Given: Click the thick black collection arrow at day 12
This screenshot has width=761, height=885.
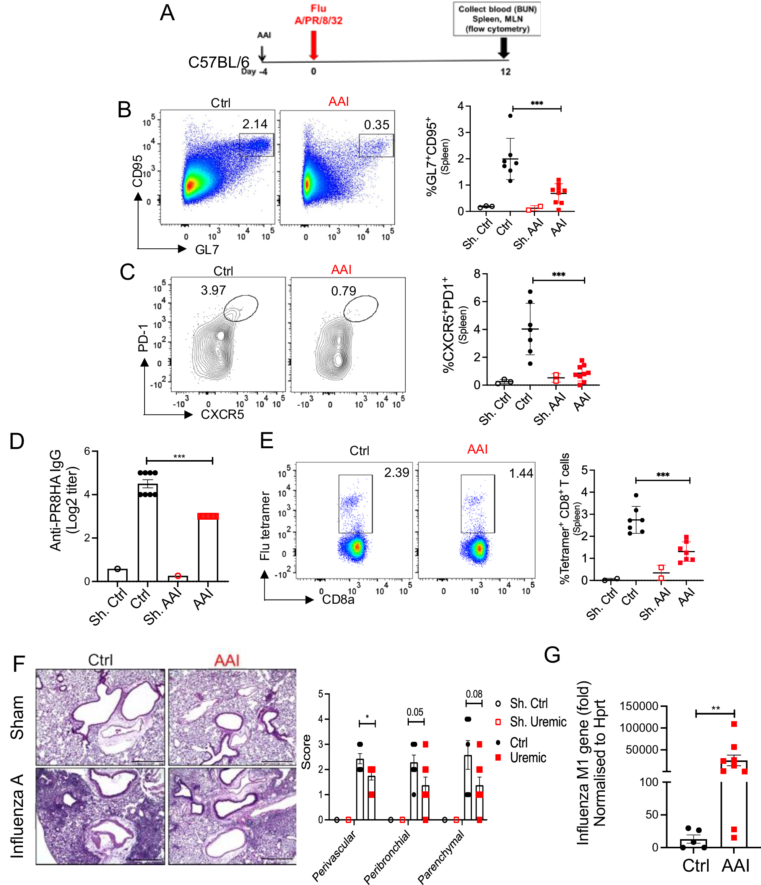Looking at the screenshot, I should click(504, 47).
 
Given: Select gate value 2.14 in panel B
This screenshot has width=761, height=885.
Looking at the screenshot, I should click(255, 124).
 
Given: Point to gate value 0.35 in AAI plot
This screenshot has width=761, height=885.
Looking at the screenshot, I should click(376, 125).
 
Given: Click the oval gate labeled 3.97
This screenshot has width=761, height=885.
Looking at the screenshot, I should click(241, 308).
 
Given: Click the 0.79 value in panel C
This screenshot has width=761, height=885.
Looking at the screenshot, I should click(343, 291).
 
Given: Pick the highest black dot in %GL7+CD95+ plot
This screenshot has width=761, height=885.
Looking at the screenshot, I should click(510, 116).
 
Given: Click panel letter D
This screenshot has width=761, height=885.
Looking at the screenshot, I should click(17, 442).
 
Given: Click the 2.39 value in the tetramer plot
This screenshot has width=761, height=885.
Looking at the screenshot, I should click(396, 473).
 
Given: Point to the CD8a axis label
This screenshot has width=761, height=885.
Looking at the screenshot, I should click(338, 600).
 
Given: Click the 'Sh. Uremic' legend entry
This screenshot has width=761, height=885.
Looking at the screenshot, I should click(538, 722).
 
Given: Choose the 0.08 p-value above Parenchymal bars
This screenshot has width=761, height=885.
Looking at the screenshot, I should click(474, 694).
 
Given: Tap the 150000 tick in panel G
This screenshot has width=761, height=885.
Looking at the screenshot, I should click(639, 706).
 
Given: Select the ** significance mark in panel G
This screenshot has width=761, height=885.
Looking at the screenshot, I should click(715, 708).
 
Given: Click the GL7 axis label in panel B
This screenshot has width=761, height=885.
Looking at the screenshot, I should click(207, 250).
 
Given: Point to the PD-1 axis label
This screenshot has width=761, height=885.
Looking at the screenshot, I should click(143, 338).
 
